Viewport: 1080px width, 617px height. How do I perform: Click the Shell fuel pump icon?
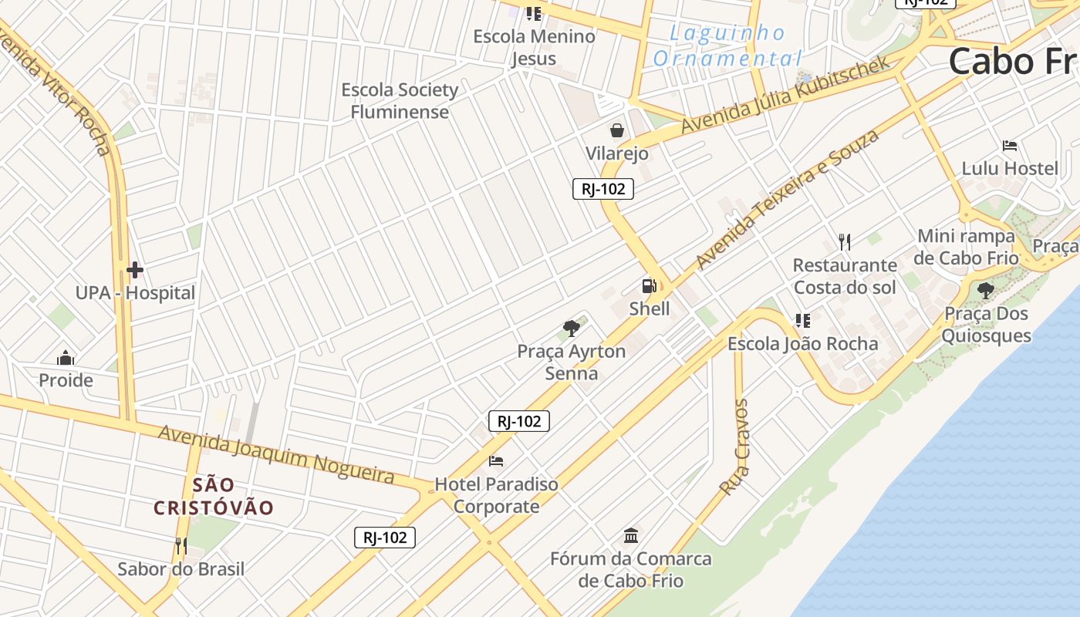tap(649, 286)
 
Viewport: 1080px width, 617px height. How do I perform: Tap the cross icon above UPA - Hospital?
tap(135, 269)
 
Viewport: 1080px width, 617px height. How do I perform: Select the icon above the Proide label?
tap(66, 358)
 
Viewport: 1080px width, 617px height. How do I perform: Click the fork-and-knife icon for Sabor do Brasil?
tap(181, 546)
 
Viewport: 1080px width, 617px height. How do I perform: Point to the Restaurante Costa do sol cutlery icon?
tap(845, 242)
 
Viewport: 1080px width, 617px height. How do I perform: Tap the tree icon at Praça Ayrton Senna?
tap(571, 329)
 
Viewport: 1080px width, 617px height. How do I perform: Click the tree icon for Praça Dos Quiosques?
tap(985, 291)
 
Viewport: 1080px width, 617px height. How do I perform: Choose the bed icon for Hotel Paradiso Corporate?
tap(496, 461)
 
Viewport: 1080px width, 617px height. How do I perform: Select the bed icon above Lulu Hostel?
tap(1010, 145)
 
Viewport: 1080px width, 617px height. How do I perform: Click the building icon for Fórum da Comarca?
tap(631, 535)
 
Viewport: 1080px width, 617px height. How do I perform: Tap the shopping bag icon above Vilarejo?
tap(617, 130)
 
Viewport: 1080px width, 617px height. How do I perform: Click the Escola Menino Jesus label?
tap(534, 47)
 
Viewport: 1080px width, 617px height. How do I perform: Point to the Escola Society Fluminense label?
tap(400, 101)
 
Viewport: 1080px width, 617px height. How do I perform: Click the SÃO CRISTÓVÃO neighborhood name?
tap(214, 496)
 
